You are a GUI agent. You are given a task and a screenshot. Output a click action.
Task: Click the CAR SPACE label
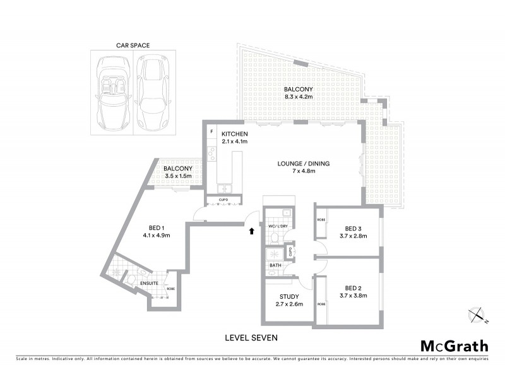coord(133,45)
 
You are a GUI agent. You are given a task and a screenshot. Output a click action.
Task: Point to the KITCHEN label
coord(234,134)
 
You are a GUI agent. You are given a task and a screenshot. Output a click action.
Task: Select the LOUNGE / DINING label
coord(304,164)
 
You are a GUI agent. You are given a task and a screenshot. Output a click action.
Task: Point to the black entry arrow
coord(254,231)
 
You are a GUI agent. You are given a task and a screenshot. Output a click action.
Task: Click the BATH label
coord(275,265)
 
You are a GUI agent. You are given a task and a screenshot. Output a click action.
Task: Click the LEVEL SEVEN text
coord(251,338)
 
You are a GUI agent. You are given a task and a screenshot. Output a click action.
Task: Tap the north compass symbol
coord(478,314)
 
